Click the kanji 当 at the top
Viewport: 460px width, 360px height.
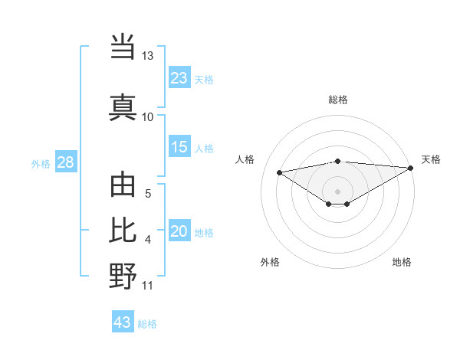pyautogui.click(x=123, y=47)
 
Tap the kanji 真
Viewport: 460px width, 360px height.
pyautogui.click(x=123, y=106)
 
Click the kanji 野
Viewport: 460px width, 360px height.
pyautogui.click(x=123, y=277)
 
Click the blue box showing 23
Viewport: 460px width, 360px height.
pyautogui.click(x=179, y=77)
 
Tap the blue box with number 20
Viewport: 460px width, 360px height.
pyautogui.click(x=179, y=231)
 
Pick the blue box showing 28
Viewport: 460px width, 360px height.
pyautogui.click(x=65, y=162)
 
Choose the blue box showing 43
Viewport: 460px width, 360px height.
pyautogui.click(x=123, y=322)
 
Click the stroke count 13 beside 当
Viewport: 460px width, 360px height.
pyautogui.click(x=148, y=56)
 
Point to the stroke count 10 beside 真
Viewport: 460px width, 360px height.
pyautogui.click(x=148, y=116)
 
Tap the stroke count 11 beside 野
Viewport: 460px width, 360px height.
pyautogui.click(x=148, y=286)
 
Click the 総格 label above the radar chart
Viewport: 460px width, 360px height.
pyautogui.click(x=337, y=100)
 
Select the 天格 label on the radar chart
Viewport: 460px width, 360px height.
pyautogui.click(x=431, y=159)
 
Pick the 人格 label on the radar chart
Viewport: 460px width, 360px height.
pyautogui.click(x=245, y=159)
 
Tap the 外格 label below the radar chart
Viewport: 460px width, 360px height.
pyautogui.click(x=270, y=262)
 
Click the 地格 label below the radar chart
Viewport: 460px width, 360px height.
pyautogui.click(x=402, y=262)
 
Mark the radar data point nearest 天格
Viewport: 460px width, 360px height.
pyautogui.click(x=410, y=168)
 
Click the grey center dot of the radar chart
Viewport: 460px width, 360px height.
pyautogui.click(x=337, y=191)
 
